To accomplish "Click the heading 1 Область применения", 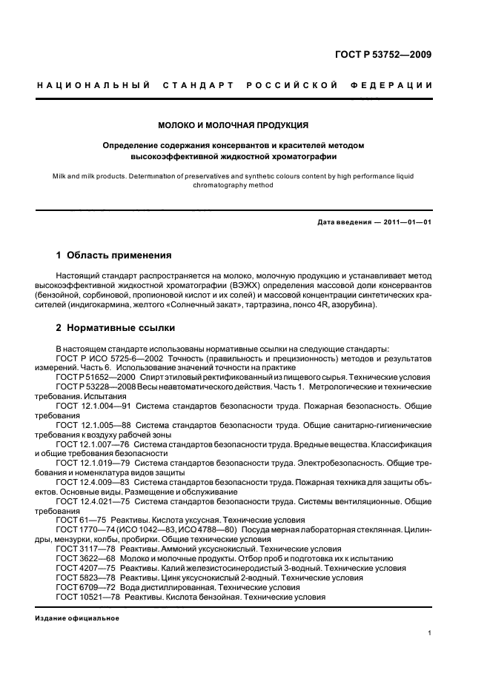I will tap(114, 255).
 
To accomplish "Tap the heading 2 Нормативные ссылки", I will tap(116, 327).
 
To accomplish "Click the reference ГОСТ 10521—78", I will tap(87, 597).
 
